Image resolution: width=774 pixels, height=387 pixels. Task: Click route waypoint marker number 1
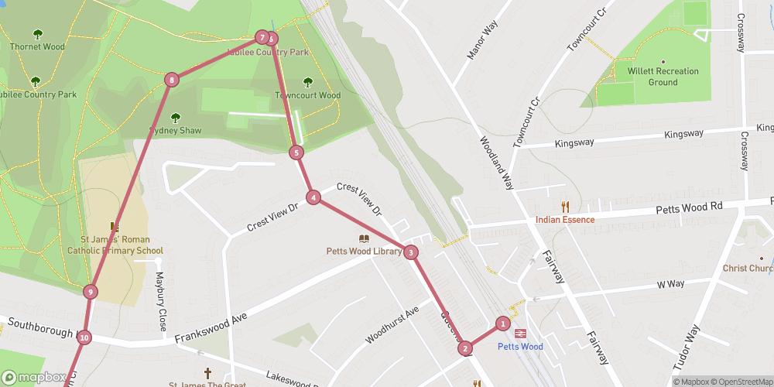503,324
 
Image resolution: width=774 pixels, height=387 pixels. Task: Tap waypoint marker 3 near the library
411,252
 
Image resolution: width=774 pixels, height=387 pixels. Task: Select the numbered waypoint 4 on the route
313,197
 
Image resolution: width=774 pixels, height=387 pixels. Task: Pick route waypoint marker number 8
171,79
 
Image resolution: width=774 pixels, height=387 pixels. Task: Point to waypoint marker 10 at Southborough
84,337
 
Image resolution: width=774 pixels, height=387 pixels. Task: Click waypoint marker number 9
91,292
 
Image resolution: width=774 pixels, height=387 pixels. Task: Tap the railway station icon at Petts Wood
520,331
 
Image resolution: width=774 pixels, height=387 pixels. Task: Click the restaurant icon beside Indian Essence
565,206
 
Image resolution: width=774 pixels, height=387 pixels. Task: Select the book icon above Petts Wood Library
363,238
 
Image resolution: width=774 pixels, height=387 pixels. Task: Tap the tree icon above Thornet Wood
37,34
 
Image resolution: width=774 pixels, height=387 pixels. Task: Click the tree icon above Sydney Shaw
175,118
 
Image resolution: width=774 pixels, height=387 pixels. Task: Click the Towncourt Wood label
307,96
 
